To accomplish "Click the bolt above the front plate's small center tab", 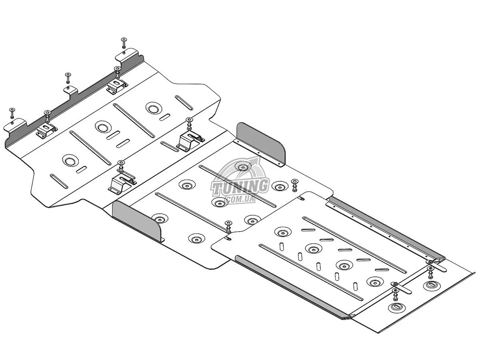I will coord(68,77).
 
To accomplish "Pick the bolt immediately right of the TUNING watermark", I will coord(295,185).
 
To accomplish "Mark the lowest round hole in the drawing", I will coord(397,307).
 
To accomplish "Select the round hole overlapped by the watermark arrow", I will coord(242,167).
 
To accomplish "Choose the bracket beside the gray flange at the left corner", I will coord(122,182).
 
